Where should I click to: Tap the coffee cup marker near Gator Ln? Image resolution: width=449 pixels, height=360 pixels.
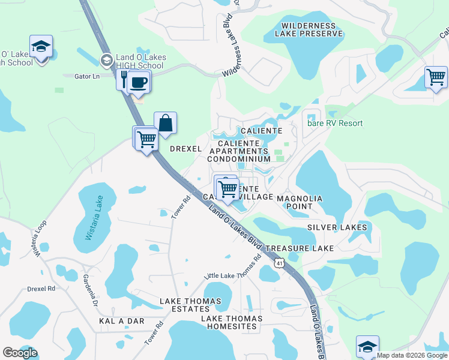click(x=139, y=82)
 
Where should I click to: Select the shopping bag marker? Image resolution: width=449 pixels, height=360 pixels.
click(x=165, y=124)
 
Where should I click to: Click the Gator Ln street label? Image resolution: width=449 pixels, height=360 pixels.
click(x=88, y=76)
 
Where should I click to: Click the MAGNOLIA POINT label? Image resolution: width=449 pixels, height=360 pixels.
click(x=300, y=202)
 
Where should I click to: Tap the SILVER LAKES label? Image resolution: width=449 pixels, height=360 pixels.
click(x=337, y=227)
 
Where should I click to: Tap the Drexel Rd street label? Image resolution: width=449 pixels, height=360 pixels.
click(x=41, y=289)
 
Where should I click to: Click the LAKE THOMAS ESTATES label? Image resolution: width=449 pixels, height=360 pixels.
click(x=192, y=305)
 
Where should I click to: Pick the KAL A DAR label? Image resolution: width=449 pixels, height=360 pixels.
click(x=122, y=321)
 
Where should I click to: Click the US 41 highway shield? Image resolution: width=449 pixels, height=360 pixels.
click(x=279, y=263)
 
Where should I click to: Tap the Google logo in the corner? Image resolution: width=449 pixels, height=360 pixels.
click(x=20, y=352)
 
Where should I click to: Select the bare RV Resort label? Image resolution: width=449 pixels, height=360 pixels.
click(x=335, y=123)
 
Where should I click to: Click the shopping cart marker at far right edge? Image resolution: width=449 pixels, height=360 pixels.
click(x=436, y=77)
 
